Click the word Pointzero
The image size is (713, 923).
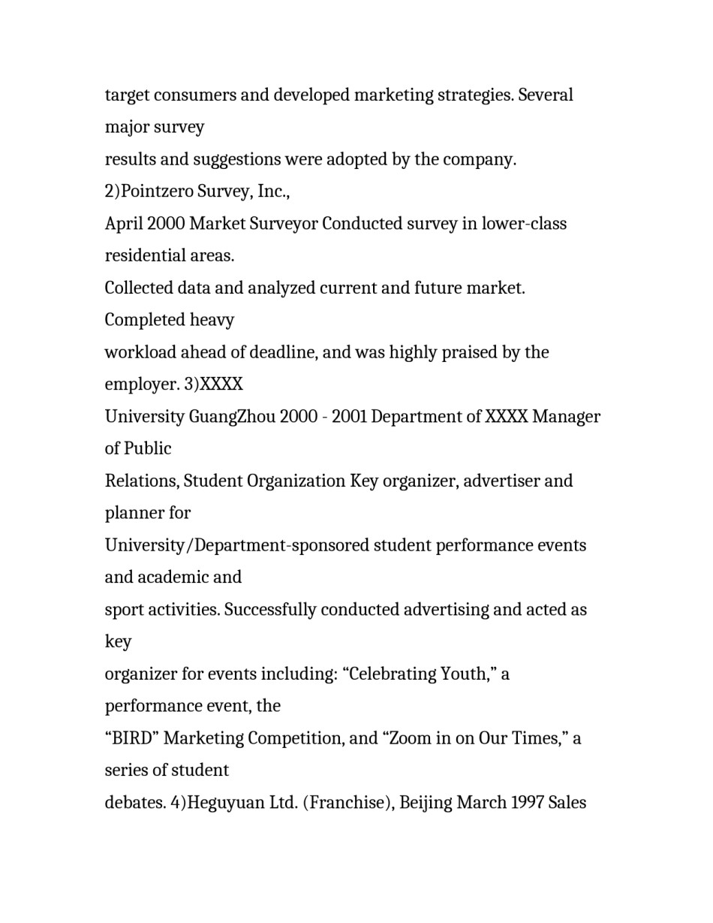(x=157, y=192)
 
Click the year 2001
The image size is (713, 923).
(x=348, y=417)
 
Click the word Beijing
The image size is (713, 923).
(x=425, y=803)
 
